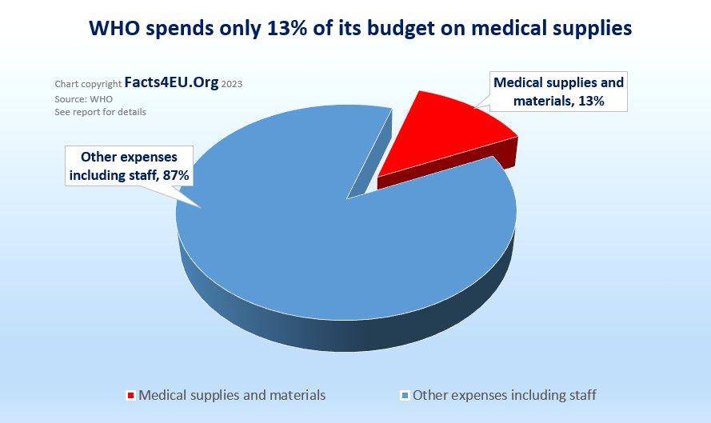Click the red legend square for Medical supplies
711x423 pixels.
[x=131, y=395]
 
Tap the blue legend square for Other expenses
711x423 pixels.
[x=405, y=395]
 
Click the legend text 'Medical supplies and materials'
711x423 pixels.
[x=232, y=395]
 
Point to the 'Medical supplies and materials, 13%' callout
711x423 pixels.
[x=558, y=91]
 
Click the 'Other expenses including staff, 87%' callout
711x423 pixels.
[x=129, y=165]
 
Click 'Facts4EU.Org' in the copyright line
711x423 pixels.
[x=171, y=83]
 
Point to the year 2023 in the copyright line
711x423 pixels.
[x=232, y=84]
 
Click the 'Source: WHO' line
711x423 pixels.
[x=84, y=98]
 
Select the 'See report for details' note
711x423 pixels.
[x=100, y=112]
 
